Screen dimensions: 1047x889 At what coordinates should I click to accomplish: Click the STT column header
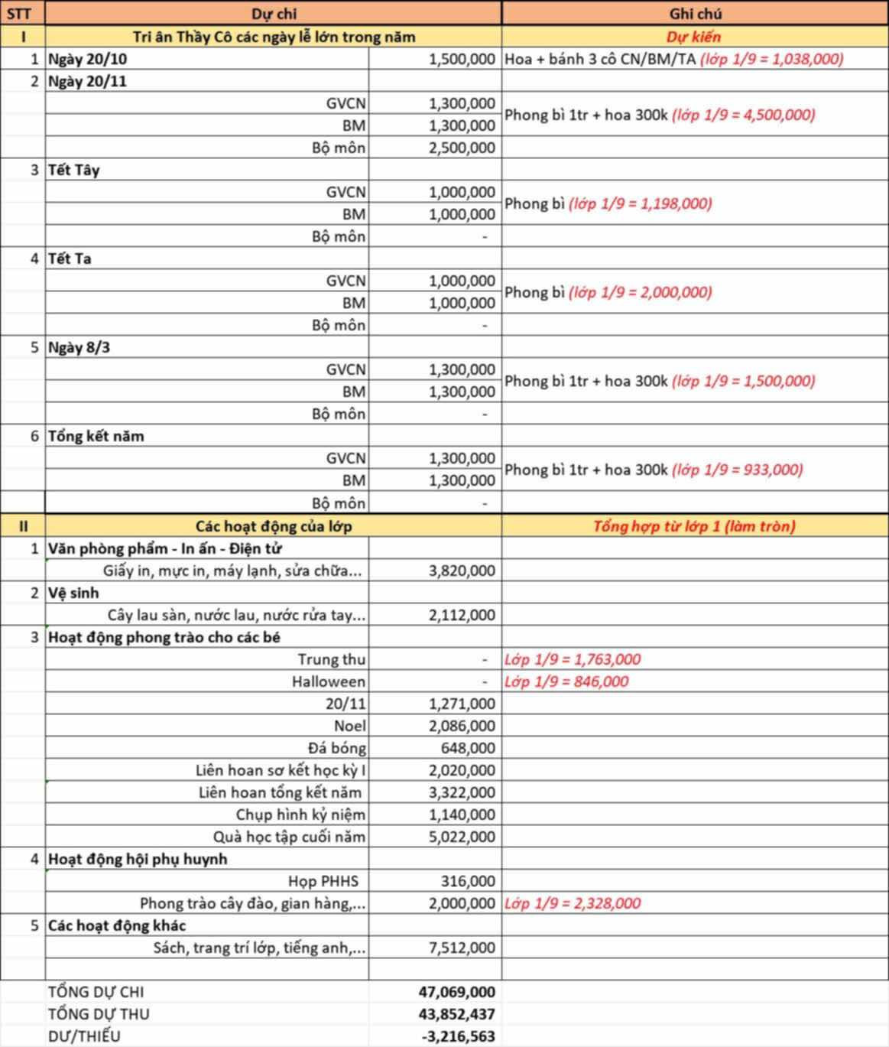pos(19,14)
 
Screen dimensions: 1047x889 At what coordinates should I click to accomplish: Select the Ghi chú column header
pos(694,14)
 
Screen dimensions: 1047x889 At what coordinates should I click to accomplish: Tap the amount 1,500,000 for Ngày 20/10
pos(461,59)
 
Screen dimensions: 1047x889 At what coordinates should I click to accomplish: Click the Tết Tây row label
pos(74,170)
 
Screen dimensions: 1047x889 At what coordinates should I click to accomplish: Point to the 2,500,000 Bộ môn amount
pos(461,148)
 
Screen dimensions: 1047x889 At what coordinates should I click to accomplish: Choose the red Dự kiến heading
pos(693,36)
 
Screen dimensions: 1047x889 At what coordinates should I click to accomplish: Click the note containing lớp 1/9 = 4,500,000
pos(660,115)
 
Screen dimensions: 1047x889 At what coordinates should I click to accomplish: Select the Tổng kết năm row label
pos(96,436)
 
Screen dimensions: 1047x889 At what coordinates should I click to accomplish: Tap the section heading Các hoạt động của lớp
pos(273,526)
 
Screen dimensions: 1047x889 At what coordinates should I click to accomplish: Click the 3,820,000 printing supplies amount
pos(461,571)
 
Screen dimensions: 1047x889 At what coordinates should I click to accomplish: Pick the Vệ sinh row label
pos(73,593)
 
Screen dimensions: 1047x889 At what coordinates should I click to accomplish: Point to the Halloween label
pos(328,681)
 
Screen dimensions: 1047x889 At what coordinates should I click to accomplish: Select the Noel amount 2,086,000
pos(461,726)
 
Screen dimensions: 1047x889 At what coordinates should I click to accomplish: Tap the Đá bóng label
pos(336,748)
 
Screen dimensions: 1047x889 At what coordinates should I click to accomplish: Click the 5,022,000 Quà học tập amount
pos(461,837)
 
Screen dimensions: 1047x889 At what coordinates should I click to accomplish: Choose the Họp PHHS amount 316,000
pos(467,881)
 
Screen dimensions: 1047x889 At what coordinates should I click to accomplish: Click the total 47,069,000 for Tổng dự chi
pos(456,992)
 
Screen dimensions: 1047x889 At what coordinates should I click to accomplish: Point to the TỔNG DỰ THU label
pos(99,1014)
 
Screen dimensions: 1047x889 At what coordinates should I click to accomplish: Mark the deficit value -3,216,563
pos(458,1036)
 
